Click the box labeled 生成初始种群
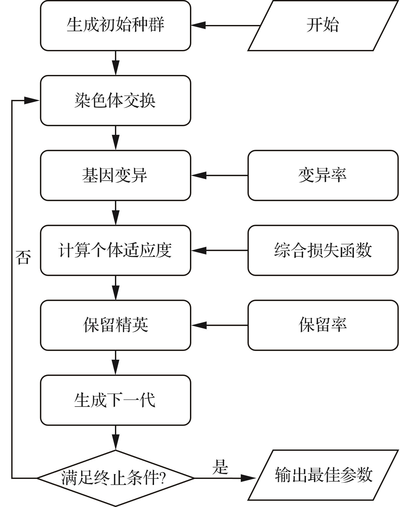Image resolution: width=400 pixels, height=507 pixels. click(x=115, y=26)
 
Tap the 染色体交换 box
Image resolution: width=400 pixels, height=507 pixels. click(x=115, y=100)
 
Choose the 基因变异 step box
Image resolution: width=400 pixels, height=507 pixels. click(x=115, y=175)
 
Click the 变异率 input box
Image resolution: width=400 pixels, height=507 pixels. click(x=323, y=175)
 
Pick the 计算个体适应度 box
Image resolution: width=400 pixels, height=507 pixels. click(x=115, y=250)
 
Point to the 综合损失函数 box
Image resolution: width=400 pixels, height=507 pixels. click(x=323, y=250)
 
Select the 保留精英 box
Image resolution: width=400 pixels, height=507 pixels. click(x=115, y=325)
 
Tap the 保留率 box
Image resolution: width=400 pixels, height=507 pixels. click(x=323, y=325)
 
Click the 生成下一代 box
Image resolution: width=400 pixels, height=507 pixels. click(x=115, y=400)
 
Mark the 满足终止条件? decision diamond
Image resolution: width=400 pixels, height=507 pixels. click(x=115, y=478)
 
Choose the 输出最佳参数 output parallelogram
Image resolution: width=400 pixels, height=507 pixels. click(x=323, y=475)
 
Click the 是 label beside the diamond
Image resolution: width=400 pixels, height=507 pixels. click(x=220, y=467)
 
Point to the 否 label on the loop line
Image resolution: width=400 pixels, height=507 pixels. click(x=23, y=257)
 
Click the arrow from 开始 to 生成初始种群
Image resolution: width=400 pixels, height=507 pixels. click(x=226, y=26)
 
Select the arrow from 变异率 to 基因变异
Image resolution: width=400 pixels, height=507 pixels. click(x=219, y=175)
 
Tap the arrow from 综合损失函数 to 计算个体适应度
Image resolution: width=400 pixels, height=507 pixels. click(x=219, y=250)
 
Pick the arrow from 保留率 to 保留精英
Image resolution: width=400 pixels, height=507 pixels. click(x=219, y=325)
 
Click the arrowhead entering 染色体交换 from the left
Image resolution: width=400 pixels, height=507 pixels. click(x=32, y=100)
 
